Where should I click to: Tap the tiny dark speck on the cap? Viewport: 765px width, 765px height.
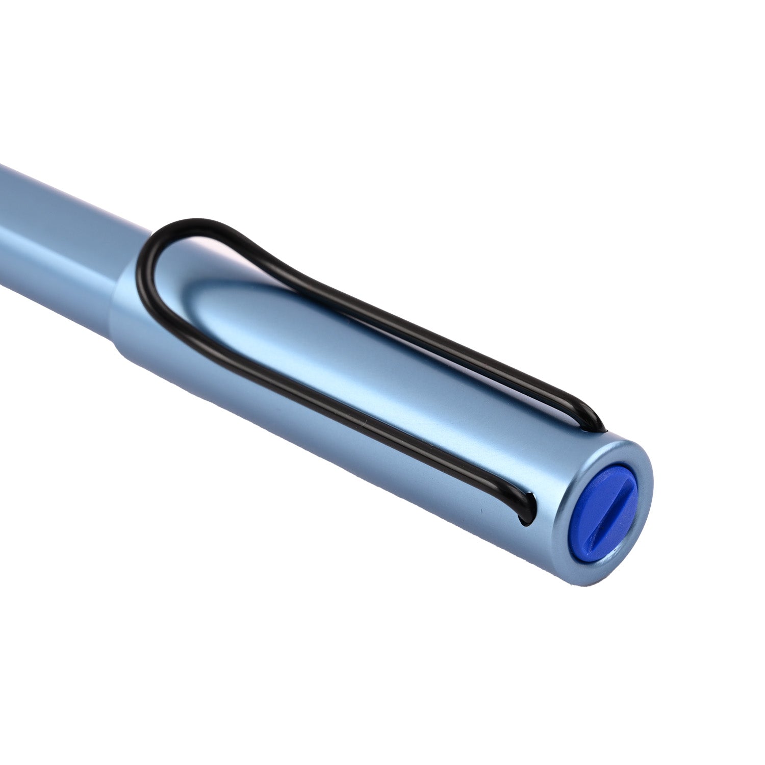(480, 512)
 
